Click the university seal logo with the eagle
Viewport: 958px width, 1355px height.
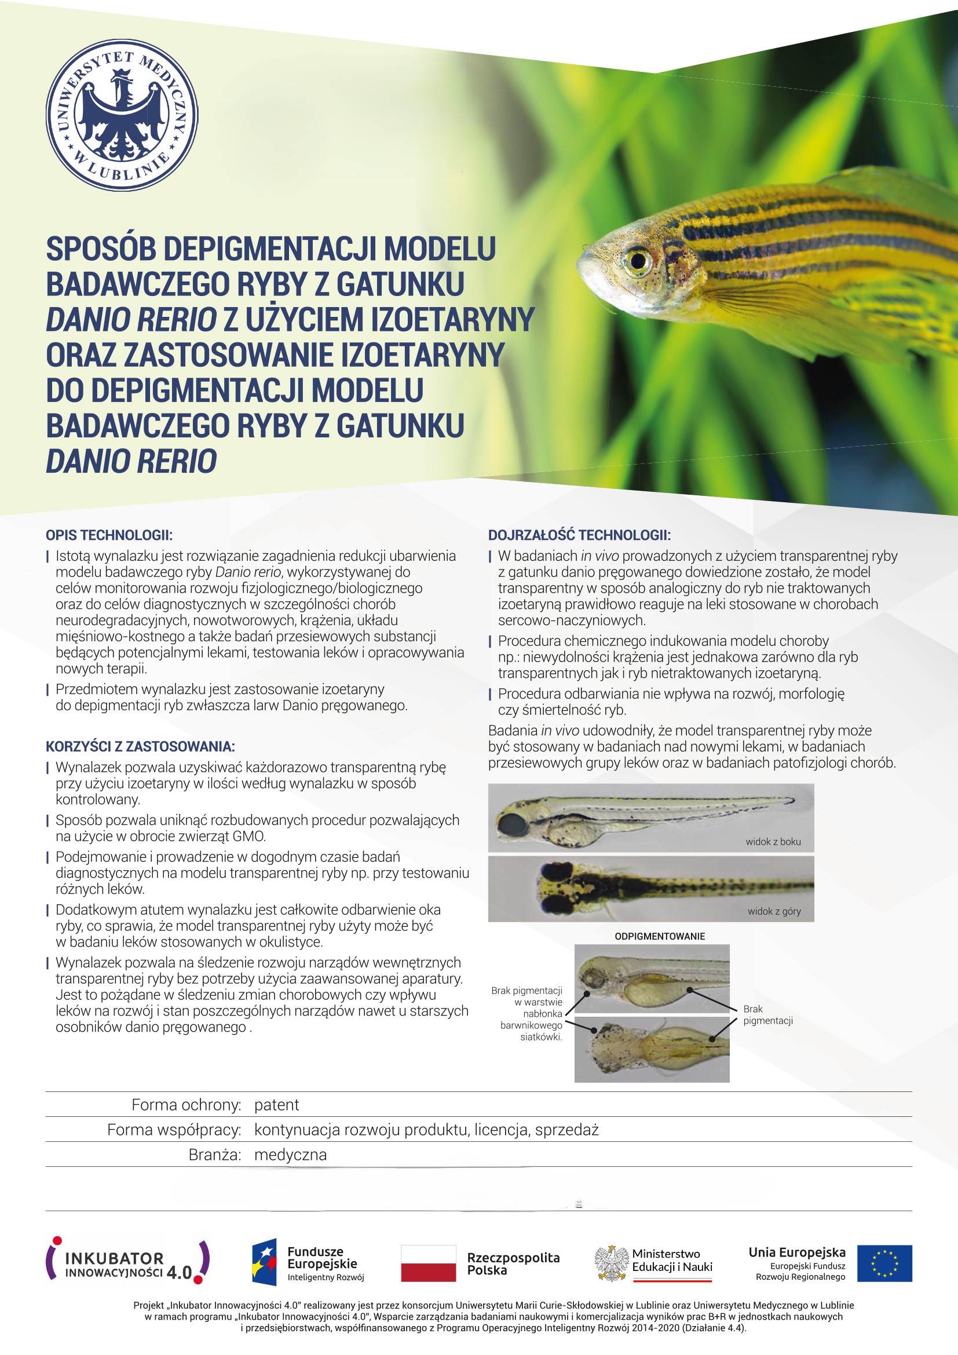[x=122, y=115]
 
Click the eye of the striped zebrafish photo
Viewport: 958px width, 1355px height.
[x=638, y=260]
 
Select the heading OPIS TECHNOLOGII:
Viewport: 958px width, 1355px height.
[x=109, y=535]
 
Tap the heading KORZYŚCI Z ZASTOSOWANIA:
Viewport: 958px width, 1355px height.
[x=140, y=747]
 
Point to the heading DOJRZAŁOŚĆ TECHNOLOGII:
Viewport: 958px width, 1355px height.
[x=579, y=535]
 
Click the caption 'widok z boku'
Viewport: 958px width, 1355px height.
[x=773, y=842]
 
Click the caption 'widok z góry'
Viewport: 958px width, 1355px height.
[x=774, y=911]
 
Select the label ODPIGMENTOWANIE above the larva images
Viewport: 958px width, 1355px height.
[x=660, y=936]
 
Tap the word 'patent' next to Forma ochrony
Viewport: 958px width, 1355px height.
[x=277, y=1105]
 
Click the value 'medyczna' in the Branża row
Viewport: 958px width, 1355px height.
[x=290, y=1155]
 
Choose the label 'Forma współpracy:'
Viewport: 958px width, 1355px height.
[x=174, y=1130]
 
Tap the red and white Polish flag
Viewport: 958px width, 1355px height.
[x=428, y=1263]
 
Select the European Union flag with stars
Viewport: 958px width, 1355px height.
[x=884, y=1263]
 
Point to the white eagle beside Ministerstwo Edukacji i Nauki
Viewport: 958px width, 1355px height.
[x=612, y=1263]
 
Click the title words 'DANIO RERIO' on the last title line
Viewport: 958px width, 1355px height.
[x=131, y=462]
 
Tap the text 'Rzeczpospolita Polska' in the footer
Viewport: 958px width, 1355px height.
[x=513, y=1263]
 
